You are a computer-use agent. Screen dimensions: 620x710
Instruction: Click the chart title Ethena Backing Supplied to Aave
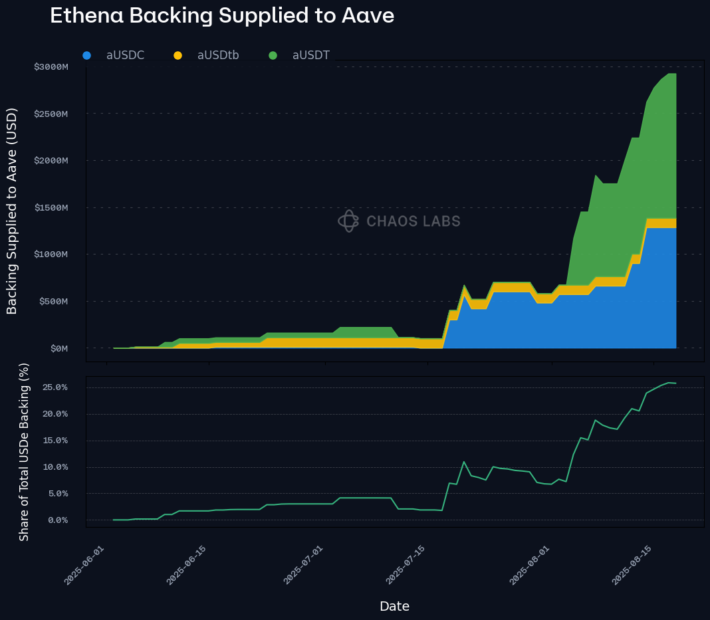[222, 16]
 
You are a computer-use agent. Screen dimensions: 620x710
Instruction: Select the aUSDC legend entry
[125, 55]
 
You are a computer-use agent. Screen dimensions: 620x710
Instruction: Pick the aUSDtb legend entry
[218, 55]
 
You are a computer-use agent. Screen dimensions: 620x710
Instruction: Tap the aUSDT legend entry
[310, 55]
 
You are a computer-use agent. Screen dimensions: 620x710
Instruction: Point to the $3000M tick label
[51, 67]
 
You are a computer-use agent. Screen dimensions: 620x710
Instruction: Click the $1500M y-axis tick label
[51, 208]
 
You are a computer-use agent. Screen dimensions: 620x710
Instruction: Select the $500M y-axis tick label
[53, 302]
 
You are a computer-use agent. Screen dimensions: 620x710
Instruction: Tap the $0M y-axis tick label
[58, 348]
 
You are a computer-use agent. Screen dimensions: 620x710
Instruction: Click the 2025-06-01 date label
[84, 565]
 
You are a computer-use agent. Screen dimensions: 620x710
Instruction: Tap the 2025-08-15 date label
[632, 565]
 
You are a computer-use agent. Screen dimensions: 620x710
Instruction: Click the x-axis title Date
[394, 606]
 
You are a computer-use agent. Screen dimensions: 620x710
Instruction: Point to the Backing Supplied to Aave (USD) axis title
[12, 211]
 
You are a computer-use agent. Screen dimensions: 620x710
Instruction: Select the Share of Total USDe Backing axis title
[24, 452]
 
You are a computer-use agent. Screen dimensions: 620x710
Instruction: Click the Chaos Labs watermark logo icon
[348, 221]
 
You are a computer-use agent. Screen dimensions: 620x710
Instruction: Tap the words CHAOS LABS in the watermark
[414, 221]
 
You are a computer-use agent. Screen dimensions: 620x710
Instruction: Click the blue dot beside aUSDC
[86, 55]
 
